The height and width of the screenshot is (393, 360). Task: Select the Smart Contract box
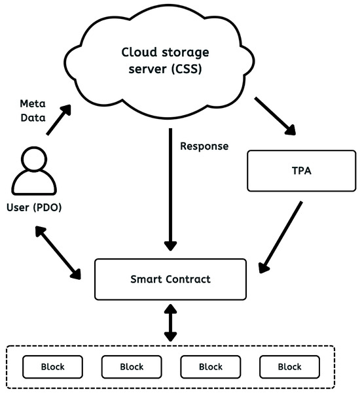click(170, 279)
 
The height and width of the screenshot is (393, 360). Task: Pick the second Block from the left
click(132, 367)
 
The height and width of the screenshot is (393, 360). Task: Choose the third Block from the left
click(211, 367)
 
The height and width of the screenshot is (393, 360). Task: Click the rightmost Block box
click(289, 367)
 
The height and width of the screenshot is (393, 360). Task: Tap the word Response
click(204, 146)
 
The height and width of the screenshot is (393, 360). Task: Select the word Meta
click(33, 104)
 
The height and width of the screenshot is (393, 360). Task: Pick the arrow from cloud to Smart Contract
click(170, 190)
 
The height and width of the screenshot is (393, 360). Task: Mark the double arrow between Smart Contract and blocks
click(170, 322)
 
